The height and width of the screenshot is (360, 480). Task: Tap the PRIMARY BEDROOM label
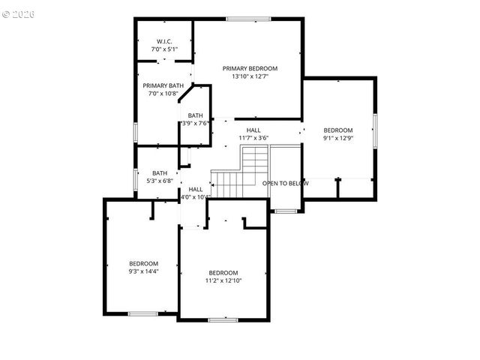click(250, 68)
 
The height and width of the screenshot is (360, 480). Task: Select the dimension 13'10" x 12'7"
click(250, 76)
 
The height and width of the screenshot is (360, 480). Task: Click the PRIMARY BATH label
click(163, 85)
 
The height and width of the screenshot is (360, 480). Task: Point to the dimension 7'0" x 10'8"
click(163, 94)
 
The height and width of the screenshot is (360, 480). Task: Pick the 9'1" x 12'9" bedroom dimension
click(337, 138)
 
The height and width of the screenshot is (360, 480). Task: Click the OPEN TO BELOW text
click(285, 183)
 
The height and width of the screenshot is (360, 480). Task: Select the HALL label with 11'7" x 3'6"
click(253, 130)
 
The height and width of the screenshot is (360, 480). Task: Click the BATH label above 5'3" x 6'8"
click(160, 172)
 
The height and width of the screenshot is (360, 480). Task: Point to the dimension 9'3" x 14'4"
click(143, 271)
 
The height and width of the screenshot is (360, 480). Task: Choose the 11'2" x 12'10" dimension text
click(223, 280)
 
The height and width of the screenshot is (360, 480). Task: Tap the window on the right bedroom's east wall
click(374, 127)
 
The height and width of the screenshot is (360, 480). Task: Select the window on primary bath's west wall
click(135, 131)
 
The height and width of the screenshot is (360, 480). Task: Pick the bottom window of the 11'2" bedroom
click(223, 320)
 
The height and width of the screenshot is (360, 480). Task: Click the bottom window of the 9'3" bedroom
click(142, 313)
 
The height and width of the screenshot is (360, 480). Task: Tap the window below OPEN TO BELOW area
click(285, 211)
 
